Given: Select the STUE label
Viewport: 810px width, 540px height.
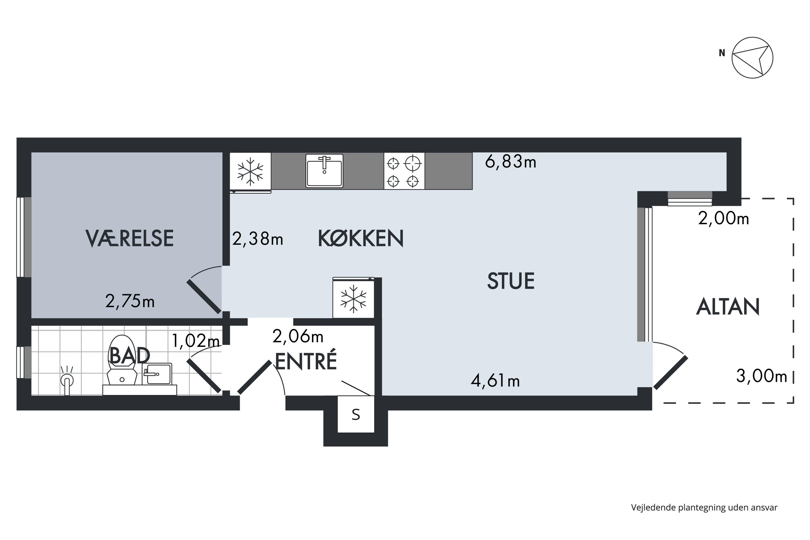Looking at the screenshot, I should coord(510,281).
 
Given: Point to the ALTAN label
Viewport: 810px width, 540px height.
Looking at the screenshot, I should coord(728,307).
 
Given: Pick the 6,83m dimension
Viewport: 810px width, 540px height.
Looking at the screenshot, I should coord(510,162).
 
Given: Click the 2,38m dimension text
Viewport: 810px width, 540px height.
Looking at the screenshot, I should coord(257,239).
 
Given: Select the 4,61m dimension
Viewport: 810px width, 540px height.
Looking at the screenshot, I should coord(495,381).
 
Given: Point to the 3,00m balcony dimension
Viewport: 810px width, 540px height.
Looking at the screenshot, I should coord(761,376).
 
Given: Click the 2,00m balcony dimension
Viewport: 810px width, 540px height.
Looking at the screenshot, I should coord(723,218).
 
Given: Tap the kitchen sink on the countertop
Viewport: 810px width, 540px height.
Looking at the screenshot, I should coord(324,171).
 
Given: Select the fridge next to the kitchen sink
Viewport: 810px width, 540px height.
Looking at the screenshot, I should coord(250,172).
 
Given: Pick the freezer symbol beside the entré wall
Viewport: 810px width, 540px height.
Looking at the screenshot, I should coord(353,298).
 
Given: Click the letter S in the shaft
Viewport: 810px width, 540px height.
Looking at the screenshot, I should coord(356,415).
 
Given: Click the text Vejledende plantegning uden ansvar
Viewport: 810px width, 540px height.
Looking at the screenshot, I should coord(704,507).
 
